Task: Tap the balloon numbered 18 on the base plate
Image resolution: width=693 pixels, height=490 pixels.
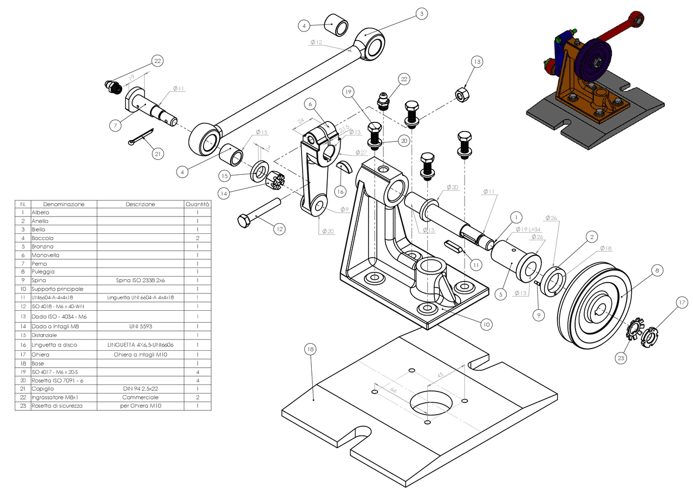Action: tap(310, 350)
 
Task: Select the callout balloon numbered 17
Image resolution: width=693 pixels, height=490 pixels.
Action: tap(681, 303)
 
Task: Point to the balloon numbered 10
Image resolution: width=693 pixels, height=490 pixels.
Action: tap(486, 324)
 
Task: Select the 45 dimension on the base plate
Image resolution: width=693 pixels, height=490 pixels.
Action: tap(440, 374)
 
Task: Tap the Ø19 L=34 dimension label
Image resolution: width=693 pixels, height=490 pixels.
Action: tap(528, 229)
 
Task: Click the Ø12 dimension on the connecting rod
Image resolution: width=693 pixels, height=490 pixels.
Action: tap(316, 42)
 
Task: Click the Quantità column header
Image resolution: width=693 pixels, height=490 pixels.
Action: tap(198, 205)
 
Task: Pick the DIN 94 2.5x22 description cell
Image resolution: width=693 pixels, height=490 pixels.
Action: tap(140, 389)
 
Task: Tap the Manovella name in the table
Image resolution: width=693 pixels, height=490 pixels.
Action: tap(45, 255)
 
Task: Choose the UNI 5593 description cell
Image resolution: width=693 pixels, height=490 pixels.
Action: tap(140, 326)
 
